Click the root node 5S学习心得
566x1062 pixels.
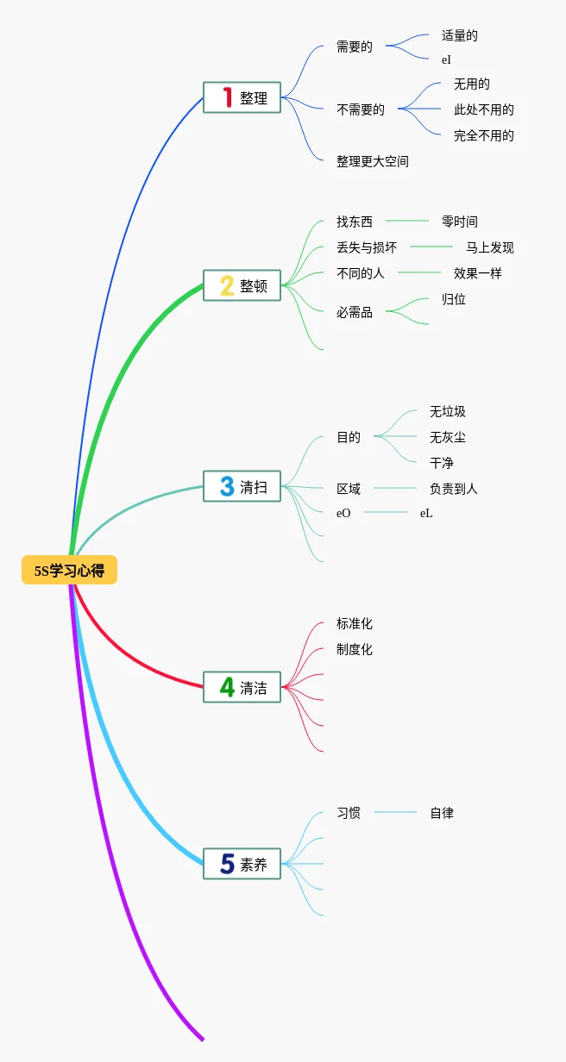click(x=69, y=570)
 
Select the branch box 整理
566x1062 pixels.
click(x=242, y=97)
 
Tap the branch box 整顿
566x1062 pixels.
click(x=242, y=285)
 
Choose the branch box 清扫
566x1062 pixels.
click(x=242, y=486)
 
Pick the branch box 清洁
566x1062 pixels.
click(x=242, y=687)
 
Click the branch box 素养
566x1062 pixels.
click(x=242, y=864)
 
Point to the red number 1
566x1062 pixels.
click(x=227, y=97)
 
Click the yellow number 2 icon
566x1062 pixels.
click(x=227, y=285)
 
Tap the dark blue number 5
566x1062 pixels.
click(x=227, y=864)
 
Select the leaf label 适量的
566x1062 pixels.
click(x=459, y=35)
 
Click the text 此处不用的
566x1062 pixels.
click(x=483, y=109)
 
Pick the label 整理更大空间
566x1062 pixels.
click(x=372, y=161)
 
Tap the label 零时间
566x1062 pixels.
click(x=459, y=222)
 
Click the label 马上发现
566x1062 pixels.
click(x=489, y=247)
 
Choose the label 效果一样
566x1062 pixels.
click(x=477, y=273)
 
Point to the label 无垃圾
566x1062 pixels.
click(x=447, y=411)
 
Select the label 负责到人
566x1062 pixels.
click(x=453, y=489)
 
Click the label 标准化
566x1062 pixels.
click(x=354, y=623)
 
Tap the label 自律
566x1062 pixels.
click(x=442, y=813)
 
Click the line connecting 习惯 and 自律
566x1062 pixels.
click(x=395, y=812)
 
